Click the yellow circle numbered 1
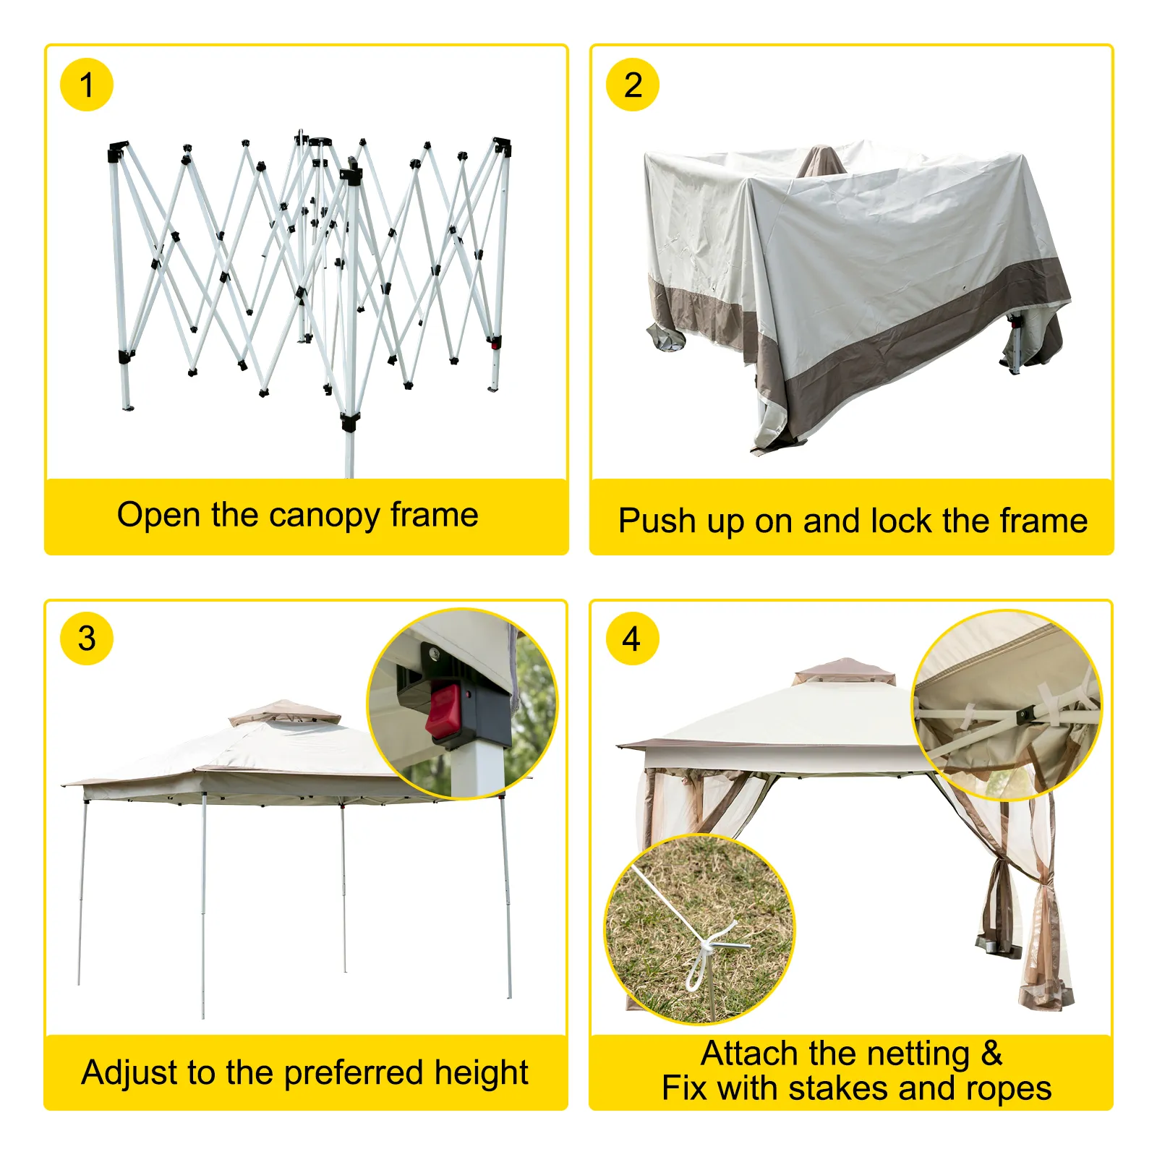click(86, 85)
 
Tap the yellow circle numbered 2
click(632, 85)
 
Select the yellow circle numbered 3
click(86, 639)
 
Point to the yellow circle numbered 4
click(632, 639)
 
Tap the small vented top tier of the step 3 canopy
click(284, 712)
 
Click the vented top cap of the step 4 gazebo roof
click(844, 670)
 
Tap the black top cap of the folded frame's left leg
click(117, 152)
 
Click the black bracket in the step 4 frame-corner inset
click(1025, 715)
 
